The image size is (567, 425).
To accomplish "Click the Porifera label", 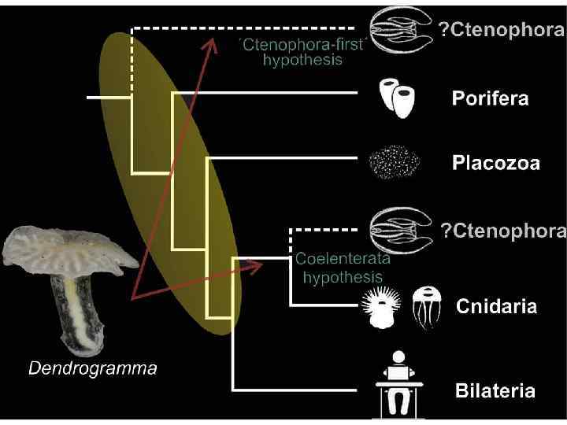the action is coord(489,99).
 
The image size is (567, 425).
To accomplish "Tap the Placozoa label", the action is coord(495,164).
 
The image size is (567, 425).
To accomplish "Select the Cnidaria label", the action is coord(497,306).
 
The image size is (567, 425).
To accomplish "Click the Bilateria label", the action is coord(495,390).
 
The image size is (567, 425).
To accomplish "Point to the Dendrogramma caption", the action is coord(93,368).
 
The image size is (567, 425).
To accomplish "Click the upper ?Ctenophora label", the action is coord(501,31).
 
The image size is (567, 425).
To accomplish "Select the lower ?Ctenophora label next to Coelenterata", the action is coord(502,230).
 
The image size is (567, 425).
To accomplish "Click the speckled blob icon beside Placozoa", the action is coord(394,163).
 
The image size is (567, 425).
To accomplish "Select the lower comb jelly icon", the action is coord(401,230).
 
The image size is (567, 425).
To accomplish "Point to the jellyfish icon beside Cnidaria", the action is coord(426,305).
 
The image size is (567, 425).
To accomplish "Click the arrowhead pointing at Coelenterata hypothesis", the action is coord(257,266).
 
